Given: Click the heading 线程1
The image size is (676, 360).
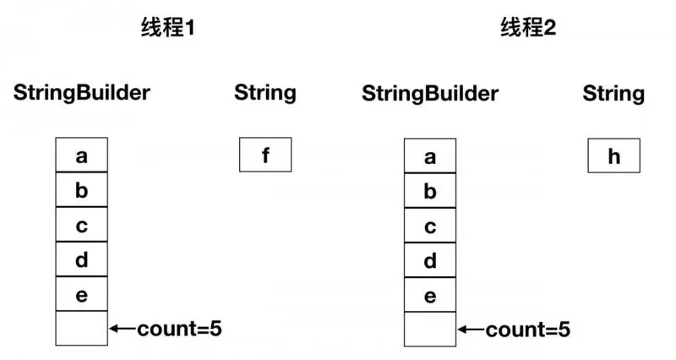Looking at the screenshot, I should [168, 28].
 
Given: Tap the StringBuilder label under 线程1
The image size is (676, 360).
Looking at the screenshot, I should [81, 92].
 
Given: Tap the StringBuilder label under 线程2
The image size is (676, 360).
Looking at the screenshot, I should [430, 92].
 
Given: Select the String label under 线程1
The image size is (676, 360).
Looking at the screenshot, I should [265, 92].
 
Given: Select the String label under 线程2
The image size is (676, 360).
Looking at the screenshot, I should [613, 92].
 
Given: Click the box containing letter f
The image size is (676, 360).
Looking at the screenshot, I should [265, 155].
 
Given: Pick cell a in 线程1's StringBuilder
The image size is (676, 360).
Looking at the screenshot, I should [82, 155].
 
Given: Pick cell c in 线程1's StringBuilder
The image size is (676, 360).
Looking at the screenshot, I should [82, 226].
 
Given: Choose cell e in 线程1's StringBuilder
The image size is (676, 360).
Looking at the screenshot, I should [82, 295].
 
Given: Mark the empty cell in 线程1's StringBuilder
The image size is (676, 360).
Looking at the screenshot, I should [82, 329].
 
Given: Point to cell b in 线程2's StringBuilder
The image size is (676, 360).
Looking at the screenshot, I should [430, 191].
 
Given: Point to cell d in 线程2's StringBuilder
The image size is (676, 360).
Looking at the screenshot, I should [430, 260].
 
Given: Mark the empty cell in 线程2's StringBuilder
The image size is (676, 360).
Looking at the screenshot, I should [430, 329].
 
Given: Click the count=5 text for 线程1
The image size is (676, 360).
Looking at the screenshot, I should [179, 328].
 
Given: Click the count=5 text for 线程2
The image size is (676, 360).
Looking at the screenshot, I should [527, 328].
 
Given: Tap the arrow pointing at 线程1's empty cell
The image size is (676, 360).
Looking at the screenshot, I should [123, 328].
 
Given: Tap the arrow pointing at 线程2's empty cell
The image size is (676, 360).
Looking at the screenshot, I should [471, 328].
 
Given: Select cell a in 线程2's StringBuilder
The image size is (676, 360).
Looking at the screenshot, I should [430, 155].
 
